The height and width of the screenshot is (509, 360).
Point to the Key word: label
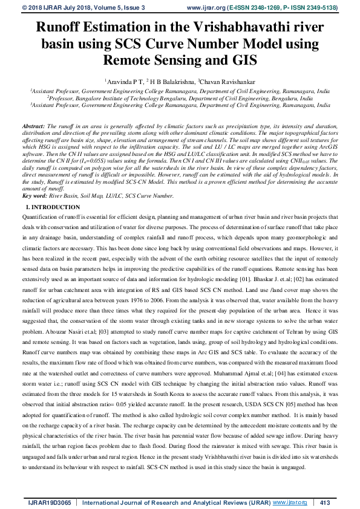[x=34, y=196]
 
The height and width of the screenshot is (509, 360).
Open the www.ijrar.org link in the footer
[x=290, y=502]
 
